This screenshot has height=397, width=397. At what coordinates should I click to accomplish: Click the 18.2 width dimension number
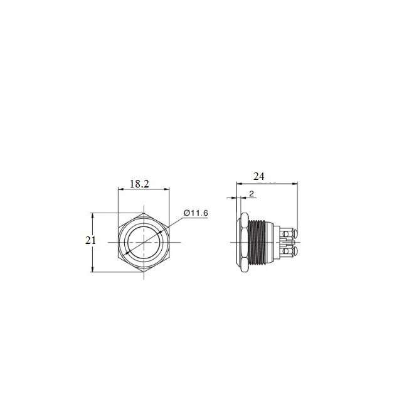click(139, 184)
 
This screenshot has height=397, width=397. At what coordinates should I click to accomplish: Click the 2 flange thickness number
click(251, 194)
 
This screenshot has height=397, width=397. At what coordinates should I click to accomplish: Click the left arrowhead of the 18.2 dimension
click(120, 189)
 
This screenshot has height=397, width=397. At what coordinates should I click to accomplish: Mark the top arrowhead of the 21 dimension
click(93, 215)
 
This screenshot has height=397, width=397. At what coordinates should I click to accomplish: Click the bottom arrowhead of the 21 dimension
click(93, 269)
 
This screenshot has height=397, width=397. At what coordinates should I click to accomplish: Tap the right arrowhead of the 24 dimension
click(296, 184)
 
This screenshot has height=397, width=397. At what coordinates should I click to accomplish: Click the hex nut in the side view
click(240, 242)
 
